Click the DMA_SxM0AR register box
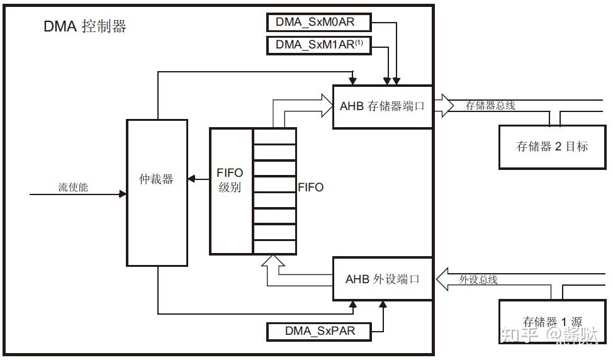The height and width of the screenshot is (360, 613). click(x=319, y=23)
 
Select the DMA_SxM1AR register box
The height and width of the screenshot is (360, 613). click(x=319, y=45)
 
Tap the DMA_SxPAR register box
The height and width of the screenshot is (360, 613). click(x=320, y=330)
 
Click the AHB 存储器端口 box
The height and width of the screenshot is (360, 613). click(x=382, y=106)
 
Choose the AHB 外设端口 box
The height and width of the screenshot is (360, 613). click(x=382, y=279)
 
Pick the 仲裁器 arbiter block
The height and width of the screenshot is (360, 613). click(x=157, y=192)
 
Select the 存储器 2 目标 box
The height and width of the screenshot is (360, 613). click(x=552, y=147)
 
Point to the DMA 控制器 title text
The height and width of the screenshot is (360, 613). click(x=84, y=26)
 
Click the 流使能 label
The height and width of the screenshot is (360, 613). click(x=73, y=187)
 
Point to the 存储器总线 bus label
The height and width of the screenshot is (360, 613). click(x=490, y=106)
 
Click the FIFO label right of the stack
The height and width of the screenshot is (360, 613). click(x=310, y=187)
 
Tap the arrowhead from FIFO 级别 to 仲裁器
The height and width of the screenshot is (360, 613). click(x=191, y=180)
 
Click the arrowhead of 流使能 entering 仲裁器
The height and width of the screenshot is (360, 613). click(x=123, y=194)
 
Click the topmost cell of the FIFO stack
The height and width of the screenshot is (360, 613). click(x=274, y=136)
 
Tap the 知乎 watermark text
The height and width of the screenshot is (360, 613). click(x=515, y=334)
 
